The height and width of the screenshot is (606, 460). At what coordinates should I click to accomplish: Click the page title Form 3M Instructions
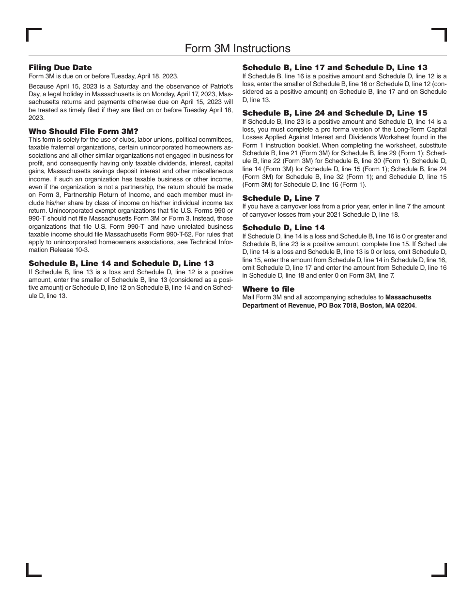click(237, 48)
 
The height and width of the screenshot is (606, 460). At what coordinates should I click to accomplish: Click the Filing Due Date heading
click(60, 68)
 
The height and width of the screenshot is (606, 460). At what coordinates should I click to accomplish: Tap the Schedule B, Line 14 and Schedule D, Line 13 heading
click(121, 264)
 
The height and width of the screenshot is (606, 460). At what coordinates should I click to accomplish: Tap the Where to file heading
click(268, 289)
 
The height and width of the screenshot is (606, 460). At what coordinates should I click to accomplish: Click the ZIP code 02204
click(405, 306)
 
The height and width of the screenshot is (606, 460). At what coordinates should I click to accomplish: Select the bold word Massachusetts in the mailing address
click(408, 297)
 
